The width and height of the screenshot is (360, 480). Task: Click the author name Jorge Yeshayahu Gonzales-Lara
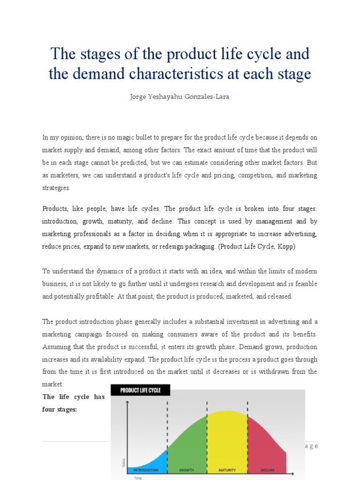pyautogui.click(x=180, y=97)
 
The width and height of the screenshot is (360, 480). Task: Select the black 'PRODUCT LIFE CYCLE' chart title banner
pyautogui.click(x=140, y=390)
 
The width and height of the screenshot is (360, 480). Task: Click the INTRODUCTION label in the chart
pyautogui.click(x=146, y=470)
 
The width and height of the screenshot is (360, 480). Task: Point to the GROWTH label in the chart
pyautogui.click(x=187, y=470)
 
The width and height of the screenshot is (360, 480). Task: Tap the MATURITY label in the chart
pyautogui.click(x=227, y=470)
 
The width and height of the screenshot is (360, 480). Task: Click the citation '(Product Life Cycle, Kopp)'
pyautogui.click(x=257, y=247)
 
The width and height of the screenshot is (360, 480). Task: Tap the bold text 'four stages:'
pyautogui.click(x=60, y=409)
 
